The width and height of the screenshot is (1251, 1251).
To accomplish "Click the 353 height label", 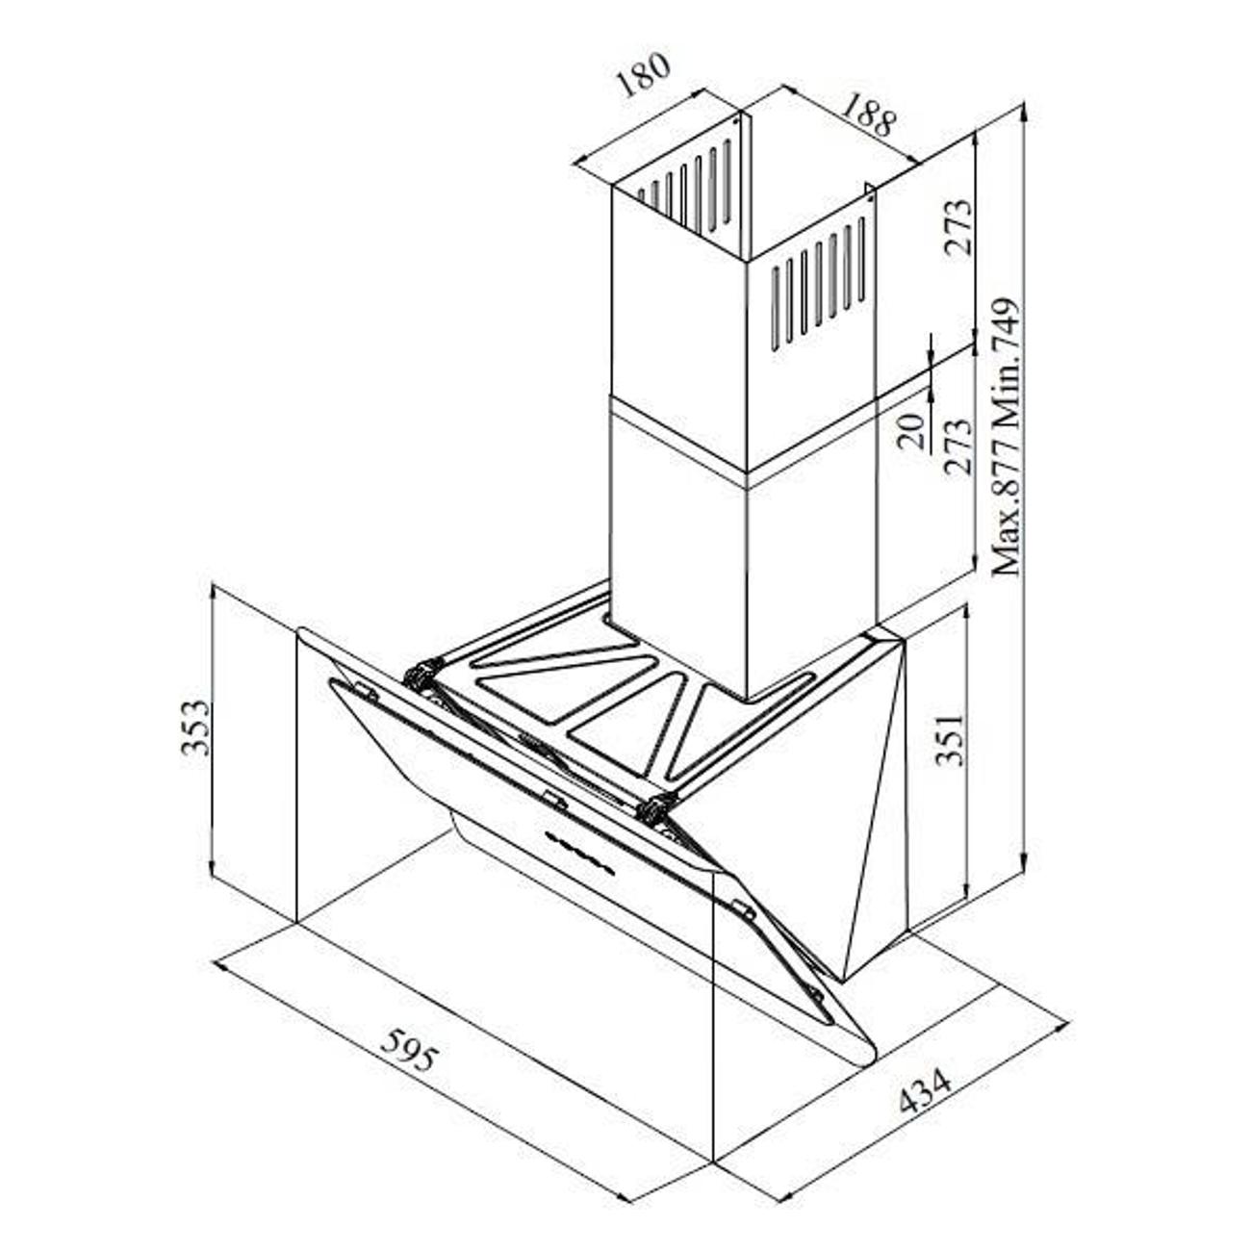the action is (x=195, y=728).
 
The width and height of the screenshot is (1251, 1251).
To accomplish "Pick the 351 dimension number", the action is (x=950, y=740).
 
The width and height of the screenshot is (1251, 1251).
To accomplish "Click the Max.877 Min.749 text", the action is (x=1007, y=436).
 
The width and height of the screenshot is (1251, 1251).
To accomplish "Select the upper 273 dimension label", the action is (x=958, y=227).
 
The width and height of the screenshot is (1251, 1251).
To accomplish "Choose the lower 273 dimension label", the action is (x=958, y=447).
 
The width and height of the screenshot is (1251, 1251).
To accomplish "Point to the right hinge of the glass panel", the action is (x=655, y=806).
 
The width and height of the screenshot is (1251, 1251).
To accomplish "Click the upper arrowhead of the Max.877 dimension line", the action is (x=1024, y=114).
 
